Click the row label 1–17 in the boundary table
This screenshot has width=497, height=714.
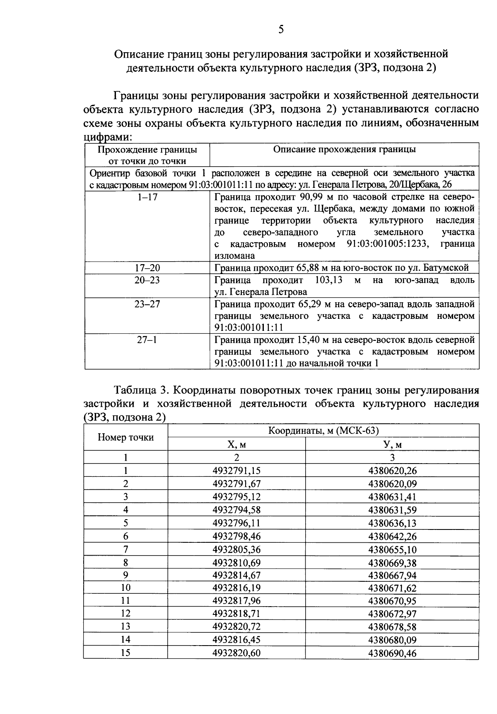[147, 197]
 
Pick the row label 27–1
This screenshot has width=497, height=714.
[147, 340]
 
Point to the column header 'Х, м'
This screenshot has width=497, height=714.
[236, 445]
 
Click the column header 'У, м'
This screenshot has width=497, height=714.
[392, 445]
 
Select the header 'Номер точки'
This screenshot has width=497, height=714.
[125, 437]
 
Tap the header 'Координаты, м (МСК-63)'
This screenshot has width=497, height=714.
[323, 431]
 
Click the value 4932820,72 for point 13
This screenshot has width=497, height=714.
[236, 627]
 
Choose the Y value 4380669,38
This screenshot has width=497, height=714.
[392, 563]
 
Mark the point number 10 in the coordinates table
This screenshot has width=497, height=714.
[125, 588]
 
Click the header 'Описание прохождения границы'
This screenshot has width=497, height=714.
[344, 150]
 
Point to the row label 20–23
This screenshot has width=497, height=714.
[147, 280]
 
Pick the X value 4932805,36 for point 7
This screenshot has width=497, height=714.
[236, 550]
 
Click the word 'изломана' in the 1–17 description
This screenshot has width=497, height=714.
[234, 256]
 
